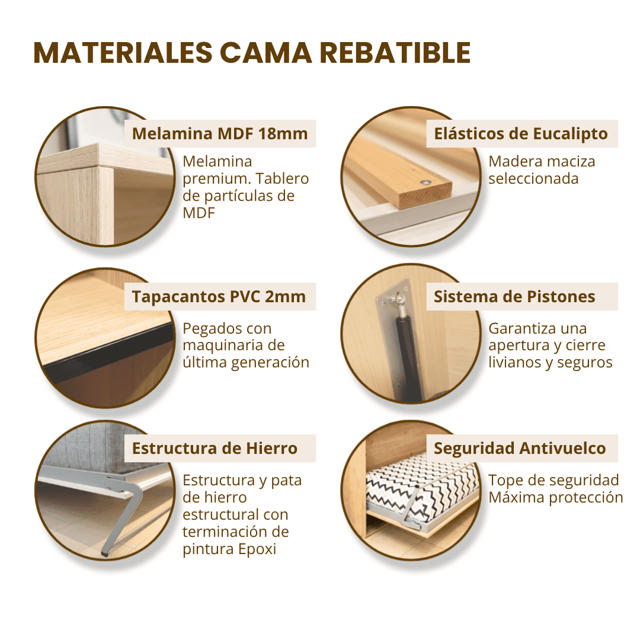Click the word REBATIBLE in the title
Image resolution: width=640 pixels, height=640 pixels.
click(x=395, y=53)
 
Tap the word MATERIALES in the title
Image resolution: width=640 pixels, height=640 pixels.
click(x=123, y=53)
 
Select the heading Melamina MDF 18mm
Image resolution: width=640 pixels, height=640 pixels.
click(x=220, y=133)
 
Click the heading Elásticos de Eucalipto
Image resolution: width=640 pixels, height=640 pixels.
click(x=521, y=133)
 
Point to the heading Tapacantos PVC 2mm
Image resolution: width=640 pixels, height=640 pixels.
click(x=219, y=297)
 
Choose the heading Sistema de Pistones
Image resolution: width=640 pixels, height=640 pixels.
click(x=514, y=297)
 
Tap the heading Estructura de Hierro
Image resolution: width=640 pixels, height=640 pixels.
click(x=215, y=448)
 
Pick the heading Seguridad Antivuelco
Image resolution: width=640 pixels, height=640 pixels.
click(x=520, y=448)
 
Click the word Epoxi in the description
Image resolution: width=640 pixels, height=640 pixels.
click(x=257, y=549)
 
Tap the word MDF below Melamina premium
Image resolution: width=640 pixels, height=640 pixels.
click(x=199, y=213)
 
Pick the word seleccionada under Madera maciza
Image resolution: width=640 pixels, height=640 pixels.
click(x=533, y=179)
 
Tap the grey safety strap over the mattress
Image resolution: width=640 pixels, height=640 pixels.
click(x=411, y=506)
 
